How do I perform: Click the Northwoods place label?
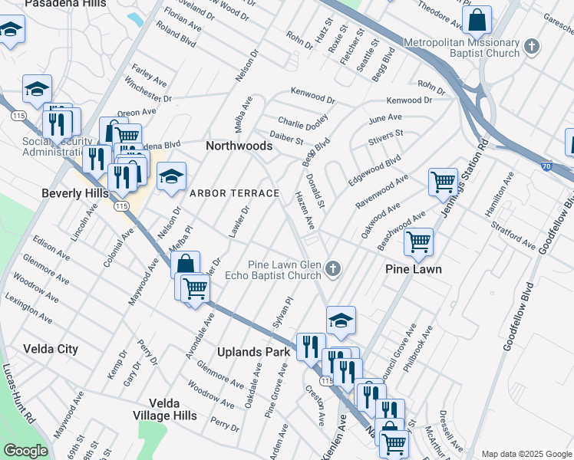[x=239, y=145]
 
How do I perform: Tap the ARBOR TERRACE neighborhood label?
[x=234, y=193]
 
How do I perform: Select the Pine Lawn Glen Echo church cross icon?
[x=332, y=268]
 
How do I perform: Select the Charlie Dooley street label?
[x=303, y=123]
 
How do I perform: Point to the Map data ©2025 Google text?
[x=526, y=454]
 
